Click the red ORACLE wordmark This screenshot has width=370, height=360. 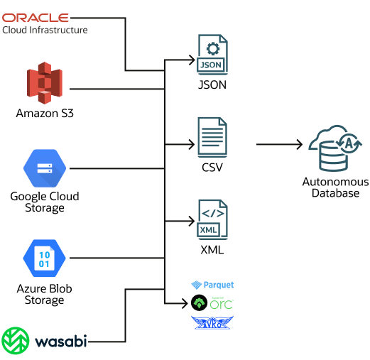pos(36,17)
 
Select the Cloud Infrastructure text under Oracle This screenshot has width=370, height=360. pos(45,30)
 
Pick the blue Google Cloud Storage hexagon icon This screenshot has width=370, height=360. pos(45,168)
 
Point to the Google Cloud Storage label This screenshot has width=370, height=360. pos(45,202)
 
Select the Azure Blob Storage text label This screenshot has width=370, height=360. pos(45,294)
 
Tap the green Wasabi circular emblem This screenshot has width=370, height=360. pos(16,341)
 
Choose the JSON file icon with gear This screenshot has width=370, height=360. pos(212,55)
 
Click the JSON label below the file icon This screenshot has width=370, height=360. pos(212,85)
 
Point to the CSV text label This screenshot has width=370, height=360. pos(212,168)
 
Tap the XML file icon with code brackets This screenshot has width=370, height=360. pos(212,219)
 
